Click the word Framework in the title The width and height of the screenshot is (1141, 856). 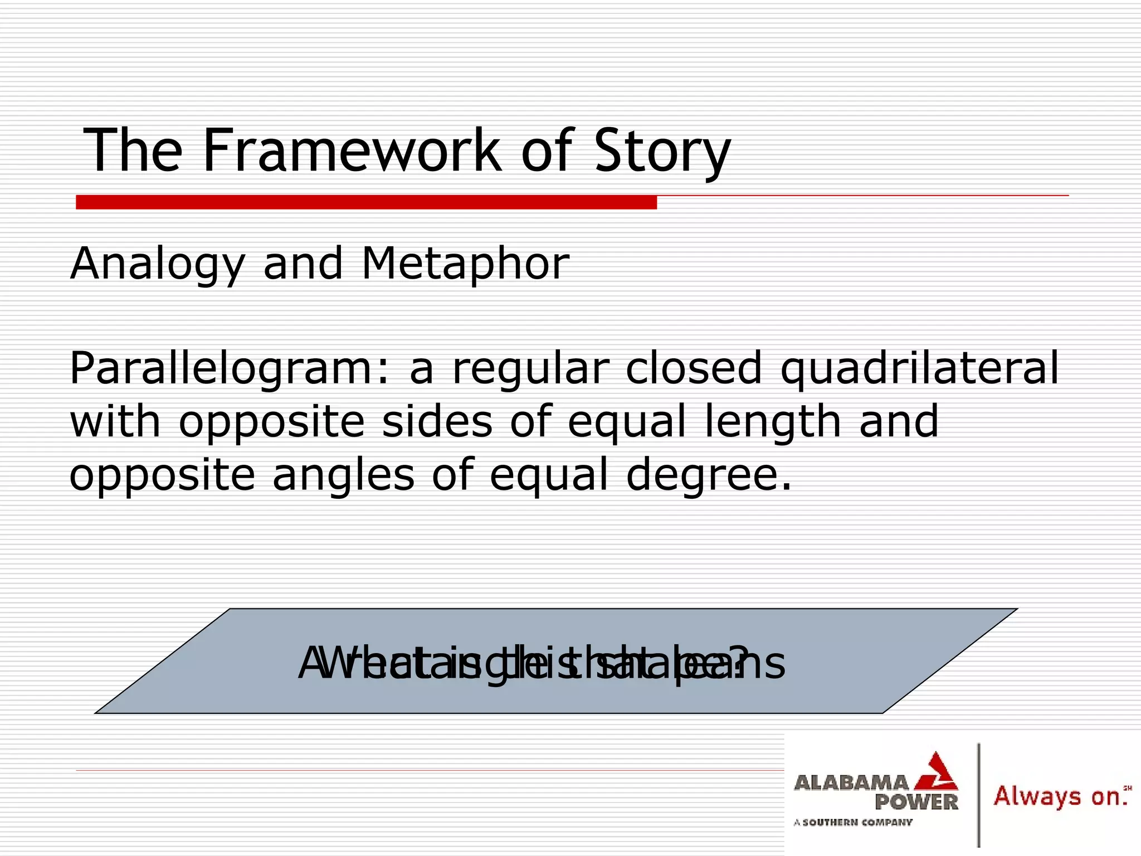pos(351,150)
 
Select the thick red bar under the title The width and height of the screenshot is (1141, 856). pos(366,202)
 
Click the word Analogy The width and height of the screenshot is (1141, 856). pos(158,264)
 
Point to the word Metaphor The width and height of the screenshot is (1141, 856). pos(465,264)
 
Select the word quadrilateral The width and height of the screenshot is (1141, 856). pos(919,369)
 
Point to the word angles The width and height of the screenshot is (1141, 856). pos(343,475)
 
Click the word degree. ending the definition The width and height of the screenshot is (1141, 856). pos(708,475)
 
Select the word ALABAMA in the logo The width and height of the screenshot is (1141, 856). pos(851,782)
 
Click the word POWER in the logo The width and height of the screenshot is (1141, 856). pos(916,802)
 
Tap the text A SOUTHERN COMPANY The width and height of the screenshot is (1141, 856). pos(853,822)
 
